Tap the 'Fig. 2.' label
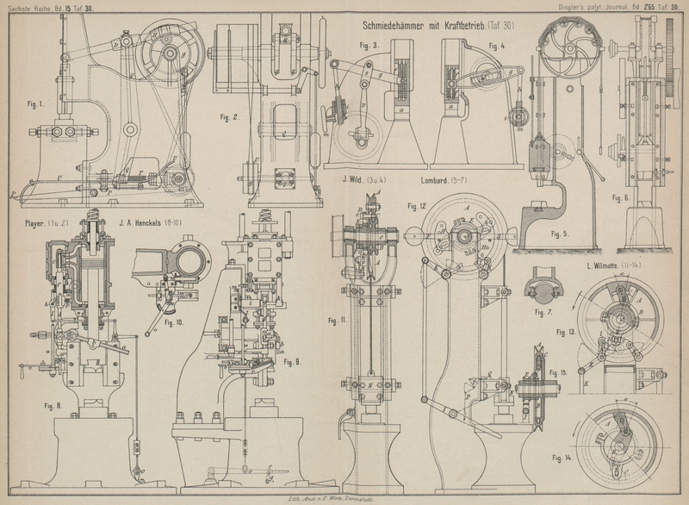click(227, 117)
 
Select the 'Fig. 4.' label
click(496, 45)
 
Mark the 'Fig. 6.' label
click(622, 197)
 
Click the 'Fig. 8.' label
click(54, 405)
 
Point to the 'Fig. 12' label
click(417, 206)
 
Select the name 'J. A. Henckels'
click(143, 224)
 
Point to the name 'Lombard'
click(438, 180)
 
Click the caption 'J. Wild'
click(355, 180)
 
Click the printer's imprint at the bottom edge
click(344, 499)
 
